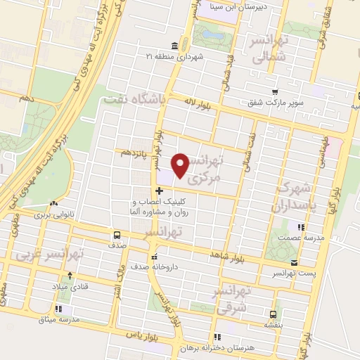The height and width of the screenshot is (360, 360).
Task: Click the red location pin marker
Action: tap(181, 165)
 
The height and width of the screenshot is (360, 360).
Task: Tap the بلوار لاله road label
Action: tap(186, 103)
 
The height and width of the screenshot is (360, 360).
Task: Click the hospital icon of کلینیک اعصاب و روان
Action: tap(160, 190)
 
